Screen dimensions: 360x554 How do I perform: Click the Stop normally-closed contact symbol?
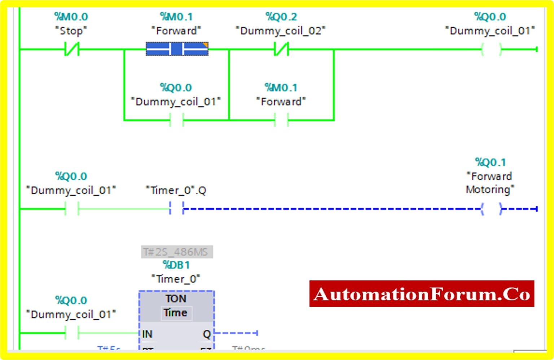point(72,49)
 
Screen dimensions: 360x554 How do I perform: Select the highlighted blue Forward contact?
point(177,49)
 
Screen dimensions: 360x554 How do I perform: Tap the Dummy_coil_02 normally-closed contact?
point(281,49)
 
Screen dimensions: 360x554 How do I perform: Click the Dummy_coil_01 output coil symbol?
point(491,49)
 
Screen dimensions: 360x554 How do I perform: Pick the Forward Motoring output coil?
point(491,209)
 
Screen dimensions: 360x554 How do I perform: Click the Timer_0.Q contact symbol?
point(176,208)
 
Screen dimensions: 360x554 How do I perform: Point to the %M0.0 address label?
point(71,17)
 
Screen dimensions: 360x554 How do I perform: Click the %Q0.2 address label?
point(281,17)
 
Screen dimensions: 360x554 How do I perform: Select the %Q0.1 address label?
point(490,162)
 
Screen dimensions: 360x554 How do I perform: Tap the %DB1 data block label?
point(176,265)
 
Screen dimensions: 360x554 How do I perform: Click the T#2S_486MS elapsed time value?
point(176,252)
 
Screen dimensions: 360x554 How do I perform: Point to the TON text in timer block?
point(176,299)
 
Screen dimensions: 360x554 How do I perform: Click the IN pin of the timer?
point(147,334)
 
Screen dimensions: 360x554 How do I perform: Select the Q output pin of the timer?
point(207,334)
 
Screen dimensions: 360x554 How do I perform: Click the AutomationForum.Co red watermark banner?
point(422,294)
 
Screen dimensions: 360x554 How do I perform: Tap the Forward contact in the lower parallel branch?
point(281,120)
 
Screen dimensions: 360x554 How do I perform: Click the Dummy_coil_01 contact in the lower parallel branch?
point(176,120)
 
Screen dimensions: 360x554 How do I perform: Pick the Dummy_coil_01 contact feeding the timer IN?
point(72,333)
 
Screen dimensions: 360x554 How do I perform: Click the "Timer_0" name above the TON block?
point(176,279)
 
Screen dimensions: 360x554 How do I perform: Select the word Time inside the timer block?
point(176,313)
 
